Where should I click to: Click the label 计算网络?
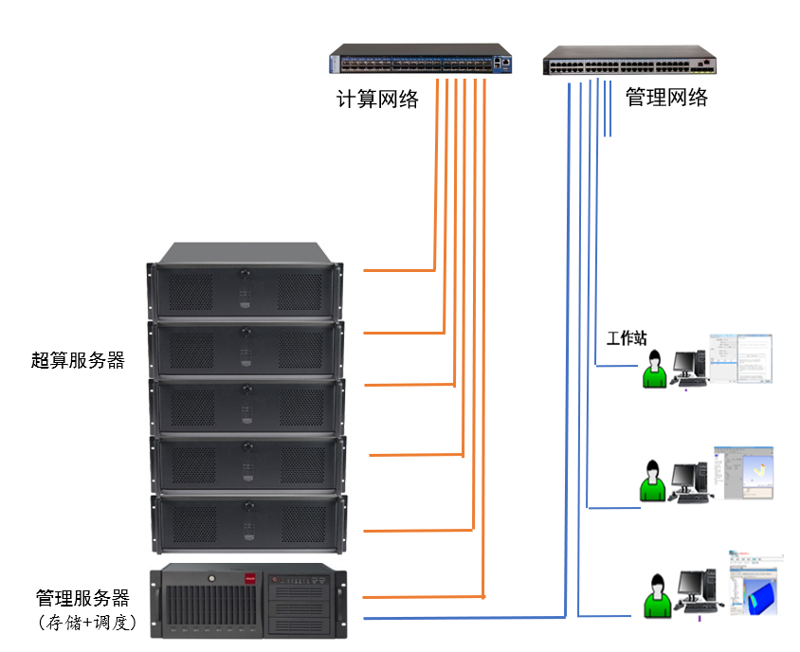pos(378,100)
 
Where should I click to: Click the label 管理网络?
pos(666,98)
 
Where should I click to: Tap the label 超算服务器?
pos(78,360)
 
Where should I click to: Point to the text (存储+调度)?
pos(87,623)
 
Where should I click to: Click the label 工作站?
pos(627,338)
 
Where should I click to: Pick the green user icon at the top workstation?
pos(653,370)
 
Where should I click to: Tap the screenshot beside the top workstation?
pos(741,358)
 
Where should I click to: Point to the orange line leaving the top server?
pos(398,270)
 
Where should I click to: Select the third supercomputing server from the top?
pos(245,405)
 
